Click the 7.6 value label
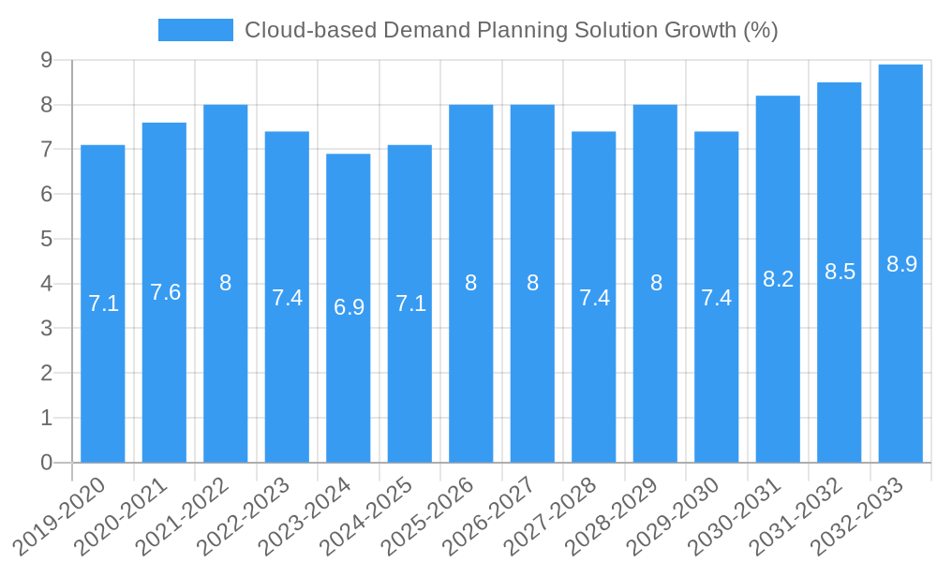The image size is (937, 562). (165, 292)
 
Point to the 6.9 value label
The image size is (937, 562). (349, 307)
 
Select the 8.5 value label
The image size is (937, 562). (840, 272)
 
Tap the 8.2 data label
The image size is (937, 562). (779, 278)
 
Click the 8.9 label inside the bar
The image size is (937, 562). (901, 264)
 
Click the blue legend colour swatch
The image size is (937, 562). (196, 30)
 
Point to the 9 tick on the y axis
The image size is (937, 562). (46, 60)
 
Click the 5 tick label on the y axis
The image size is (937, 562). (46, 239)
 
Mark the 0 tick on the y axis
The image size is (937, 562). (46, 463)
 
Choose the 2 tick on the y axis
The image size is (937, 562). (46, 373)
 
